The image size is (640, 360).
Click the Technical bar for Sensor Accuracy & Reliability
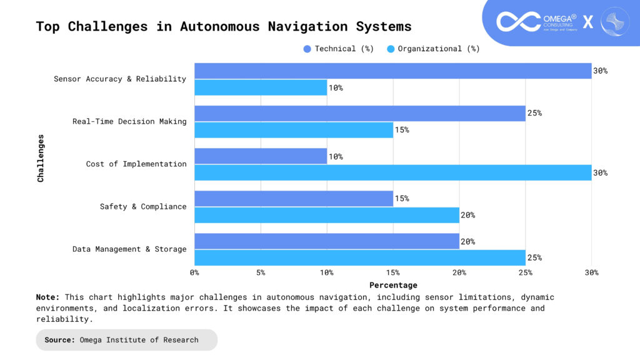pos(392,71)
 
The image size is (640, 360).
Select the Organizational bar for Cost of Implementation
pos(392,172)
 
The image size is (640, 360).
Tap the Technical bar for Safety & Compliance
pos(294,199)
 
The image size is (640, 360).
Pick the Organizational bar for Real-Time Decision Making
pos(294,130)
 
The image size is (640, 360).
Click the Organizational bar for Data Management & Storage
pos(359,257)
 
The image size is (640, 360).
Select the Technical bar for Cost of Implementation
pos(261,156)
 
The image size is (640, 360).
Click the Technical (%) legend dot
pos(307,49)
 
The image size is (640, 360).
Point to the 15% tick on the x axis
pos(393,272)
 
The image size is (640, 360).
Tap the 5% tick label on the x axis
pos(261,272)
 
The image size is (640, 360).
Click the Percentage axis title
pos(392,285)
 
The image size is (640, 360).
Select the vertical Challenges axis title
pos(41,157)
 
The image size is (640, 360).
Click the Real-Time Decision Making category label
pos(129,121)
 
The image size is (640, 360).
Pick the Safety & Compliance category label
pos(143,206)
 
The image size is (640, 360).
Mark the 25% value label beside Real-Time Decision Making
pos(534,113)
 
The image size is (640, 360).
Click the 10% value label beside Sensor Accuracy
pos(336,87)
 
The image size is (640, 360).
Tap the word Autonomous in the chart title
pos(219,26)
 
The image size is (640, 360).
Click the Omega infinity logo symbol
pos(518,21)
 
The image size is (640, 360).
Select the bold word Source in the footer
pos(59,340)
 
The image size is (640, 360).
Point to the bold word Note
pos(48,297)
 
